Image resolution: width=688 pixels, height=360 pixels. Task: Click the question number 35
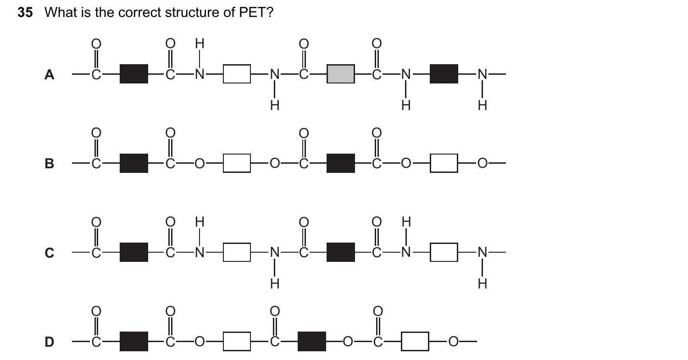click(25, 12)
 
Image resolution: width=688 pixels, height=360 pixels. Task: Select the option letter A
click(49, 75)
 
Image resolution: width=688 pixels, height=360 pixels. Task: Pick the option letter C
click(49, 253)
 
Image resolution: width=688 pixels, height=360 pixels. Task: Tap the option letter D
click(49, 342)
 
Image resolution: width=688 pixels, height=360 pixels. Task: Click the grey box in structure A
click(340, 74)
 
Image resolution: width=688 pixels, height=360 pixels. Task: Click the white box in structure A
click(237, 74)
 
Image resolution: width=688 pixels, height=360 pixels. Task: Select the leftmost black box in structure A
click(133, 74)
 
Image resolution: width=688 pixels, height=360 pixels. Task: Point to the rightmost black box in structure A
click(444, 74)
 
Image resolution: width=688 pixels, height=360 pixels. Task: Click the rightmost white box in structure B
click(444, 163)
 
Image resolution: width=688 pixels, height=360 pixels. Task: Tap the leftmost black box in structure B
click(133, 163)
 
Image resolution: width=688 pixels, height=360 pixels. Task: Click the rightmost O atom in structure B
click(482, 163)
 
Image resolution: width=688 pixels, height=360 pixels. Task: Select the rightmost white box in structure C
click(444, 252)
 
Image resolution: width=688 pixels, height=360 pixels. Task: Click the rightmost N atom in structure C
click(482, 252)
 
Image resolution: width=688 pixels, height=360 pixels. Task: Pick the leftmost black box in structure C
click(133, 252)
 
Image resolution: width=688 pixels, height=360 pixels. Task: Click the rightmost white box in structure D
click(415, 341)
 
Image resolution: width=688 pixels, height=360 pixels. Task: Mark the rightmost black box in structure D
click(312, 341)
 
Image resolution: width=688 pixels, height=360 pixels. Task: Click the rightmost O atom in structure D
click(453, 341)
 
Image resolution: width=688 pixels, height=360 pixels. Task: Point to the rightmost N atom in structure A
click(482, 74)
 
